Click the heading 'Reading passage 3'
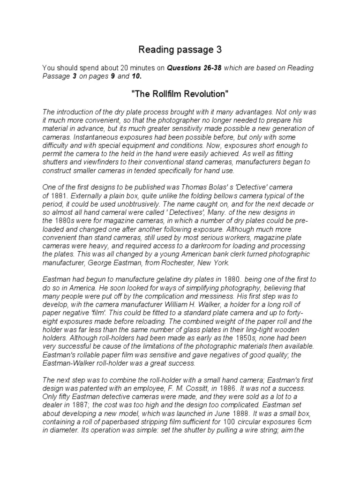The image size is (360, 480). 180,49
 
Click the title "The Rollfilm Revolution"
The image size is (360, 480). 180,94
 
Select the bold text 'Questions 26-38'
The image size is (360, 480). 195,68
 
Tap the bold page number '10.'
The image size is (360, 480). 135,76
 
